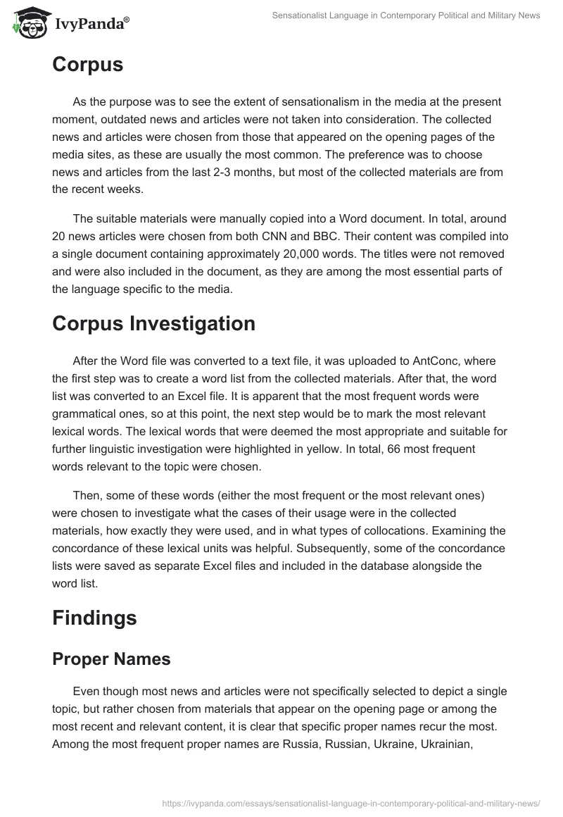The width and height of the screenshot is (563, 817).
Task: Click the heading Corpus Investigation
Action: [153, 323]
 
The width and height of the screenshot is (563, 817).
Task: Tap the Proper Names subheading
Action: [111, 659]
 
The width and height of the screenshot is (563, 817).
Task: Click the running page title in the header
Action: [406, 15]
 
